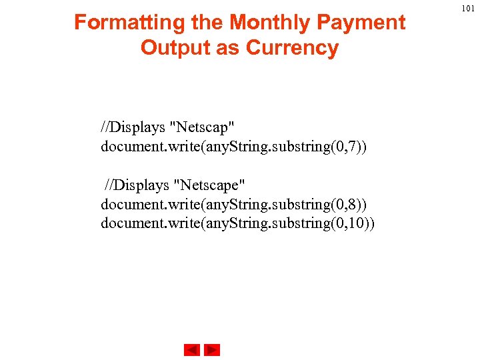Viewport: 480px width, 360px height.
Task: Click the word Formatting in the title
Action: pyautogui.click(x=119, y=23)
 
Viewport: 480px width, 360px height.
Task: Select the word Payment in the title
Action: pyautogui.click(x=362, y=23)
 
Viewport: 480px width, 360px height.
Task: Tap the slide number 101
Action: pyautogui.click(x=468, y=8)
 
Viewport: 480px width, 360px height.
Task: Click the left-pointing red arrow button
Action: pyautogui.click(x=192, y=350)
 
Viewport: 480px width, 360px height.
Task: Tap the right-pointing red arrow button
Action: pyautogui.click(x=212, y=350)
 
